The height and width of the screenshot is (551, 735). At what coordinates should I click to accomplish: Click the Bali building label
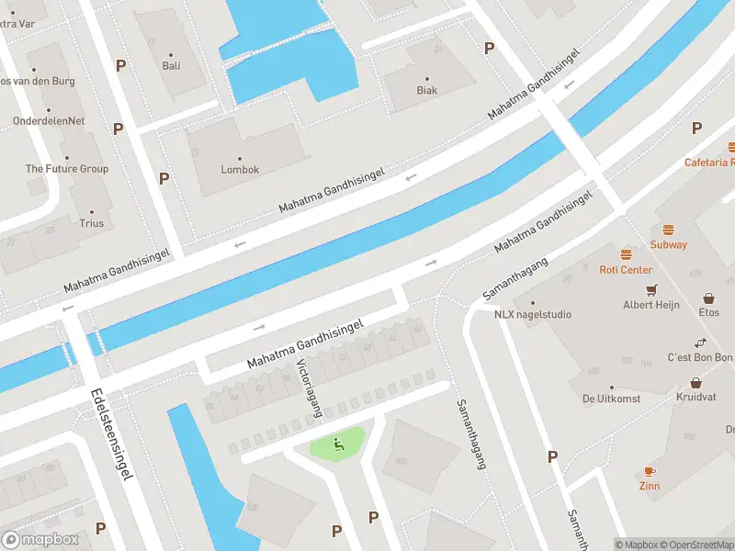point(171,65)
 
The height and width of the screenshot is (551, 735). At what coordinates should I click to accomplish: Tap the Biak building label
point(426,90)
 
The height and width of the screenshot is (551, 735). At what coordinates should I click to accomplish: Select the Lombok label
point(240,170)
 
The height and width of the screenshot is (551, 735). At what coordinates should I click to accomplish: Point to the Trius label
point(91,223)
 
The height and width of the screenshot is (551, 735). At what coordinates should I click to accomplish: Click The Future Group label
point(66,169)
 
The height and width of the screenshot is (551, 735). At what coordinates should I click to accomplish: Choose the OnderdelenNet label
point(49,120)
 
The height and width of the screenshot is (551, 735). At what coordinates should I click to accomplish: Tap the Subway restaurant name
point(668,245)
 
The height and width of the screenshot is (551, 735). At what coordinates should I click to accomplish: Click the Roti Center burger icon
point(626,254)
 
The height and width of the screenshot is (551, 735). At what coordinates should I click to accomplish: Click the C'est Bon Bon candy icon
point(700,343)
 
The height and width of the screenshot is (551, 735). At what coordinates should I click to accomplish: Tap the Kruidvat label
point(695,398)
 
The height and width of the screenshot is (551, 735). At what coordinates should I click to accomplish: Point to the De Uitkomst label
point(611,399)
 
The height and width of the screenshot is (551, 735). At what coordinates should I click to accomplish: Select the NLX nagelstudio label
point(532,314)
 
